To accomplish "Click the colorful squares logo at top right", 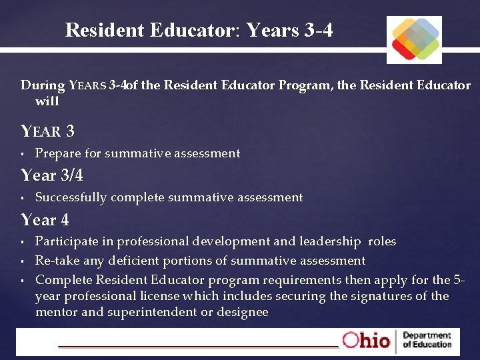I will (414, 39).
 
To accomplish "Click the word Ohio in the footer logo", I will (366, 340).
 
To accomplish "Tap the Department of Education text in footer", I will (427, 340).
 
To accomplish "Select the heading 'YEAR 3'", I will (48, 131).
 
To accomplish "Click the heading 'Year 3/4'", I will (52, 175).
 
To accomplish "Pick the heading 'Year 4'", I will (45, 219).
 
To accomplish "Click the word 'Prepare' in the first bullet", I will (58, 153).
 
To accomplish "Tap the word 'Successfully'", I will (71, 197).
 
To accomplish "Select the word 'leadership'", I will (329, 241).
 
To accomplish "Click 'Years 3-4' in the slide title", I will (289, 30).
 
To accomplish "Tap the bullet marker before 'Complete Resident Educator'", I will (23, 279).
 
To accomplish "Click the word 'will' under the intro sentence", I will (47, 101).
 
